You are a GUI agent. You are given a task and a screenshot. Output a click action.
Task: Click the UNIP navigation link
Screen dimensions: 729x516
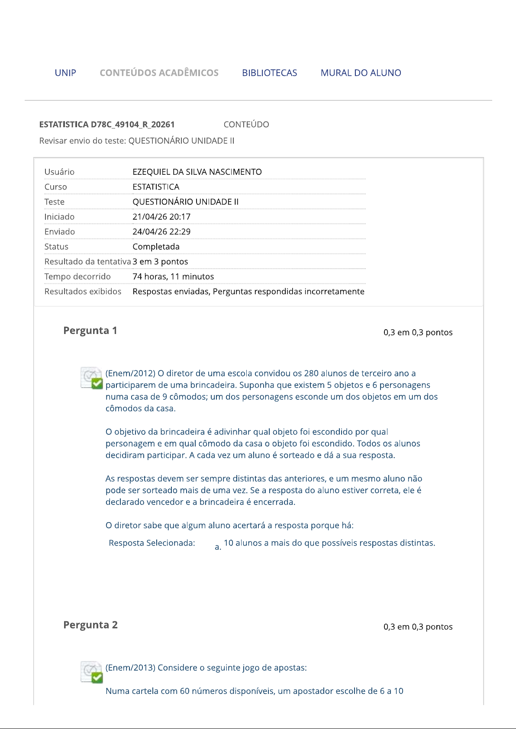(65, 73)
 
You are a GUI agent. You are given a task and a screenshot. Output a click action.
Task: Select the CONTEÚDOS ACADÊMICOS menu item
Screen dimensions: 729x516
(159, 73)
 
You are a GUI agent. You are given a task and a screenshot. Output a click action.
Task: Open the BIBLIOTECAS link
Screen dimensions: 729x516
(269, 73)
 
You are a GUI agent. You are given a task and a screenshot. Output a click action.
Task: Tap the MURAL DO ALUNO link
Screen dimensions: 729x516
(361, 73)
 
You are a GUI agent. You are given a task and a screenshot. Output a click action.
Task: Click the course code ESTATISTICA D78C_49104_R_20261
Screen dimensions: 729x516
(107, 125)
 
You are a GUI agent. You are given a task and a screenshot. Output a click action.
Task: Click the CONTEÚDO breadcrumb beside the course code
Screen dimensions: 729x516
(246, 125)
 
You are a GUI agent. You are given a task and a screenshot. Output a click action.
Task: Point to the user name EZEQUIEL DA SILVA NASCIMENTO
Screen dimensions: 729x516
(197, 172)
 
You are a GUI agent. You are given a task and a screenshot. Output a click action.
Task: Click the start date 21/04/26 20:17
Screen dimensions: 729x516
(161, 217)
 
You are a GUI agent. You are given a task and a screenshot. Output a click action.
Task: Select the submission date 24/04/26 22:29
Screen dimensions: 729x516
(161, 231)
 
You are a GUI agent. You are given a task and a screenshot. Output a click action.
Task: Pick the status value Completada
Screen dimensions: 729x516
(156, 247)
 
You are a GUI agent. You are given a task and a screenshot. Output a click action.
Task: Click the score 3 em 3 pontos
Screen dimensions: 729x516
(160, 261)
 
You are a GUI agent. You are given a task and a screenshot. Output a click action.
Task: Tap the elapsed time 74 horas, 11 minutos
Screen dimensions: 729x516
(173, 276)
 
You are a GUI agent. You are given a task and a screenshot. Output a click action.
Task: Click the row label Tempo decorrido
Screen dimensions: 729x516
(77, 276)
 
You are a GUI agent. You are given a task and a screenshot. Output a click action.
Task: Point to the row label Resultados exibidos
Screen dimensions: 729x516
(83, 291)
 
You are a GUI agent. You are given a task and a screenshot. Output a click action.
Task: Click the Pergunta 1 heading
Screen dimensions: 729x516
(90, 331)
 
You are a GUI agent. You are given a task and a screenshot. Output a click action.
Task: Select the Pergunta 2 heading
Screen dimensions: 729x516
(90, 625)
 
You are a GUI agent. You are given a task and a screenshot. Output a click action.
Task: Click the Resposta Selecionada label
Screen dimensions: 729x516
(152, 543)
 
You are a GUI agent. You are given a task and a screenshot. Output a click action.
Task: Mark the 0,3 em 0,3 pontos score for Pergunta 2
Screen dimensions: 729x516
(418, 627)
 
